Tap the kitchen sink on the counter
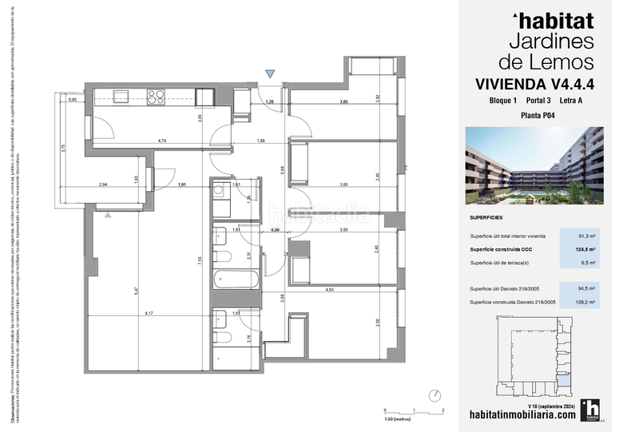pos(121,97)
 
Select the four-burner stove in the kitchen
pos(157,97)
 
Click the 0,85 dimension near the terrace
pos(73,100)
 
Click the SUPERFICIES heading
pos(486,216)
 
